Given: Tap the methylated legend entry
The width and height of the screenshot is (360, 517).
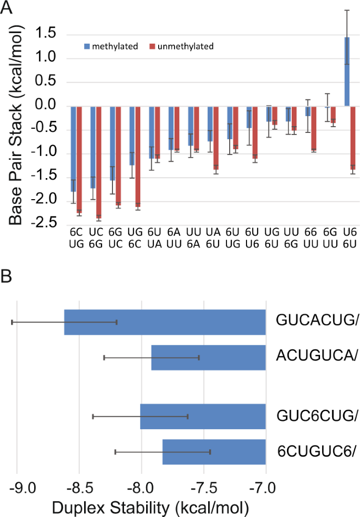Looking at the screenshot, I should point(110,46).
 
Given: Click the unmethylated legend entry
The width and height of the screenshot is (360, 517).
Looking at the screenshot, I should point(182,46).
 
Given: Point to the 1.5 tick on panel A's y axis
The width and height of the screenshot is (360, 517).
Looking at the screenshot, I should point(47,34).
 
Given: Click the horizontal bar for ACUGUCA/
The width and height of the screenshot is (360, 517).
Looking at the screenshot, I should point(208,357).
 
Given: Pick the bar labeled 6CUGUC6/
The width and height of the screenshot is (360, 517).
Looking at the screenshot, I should point(214,452).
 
